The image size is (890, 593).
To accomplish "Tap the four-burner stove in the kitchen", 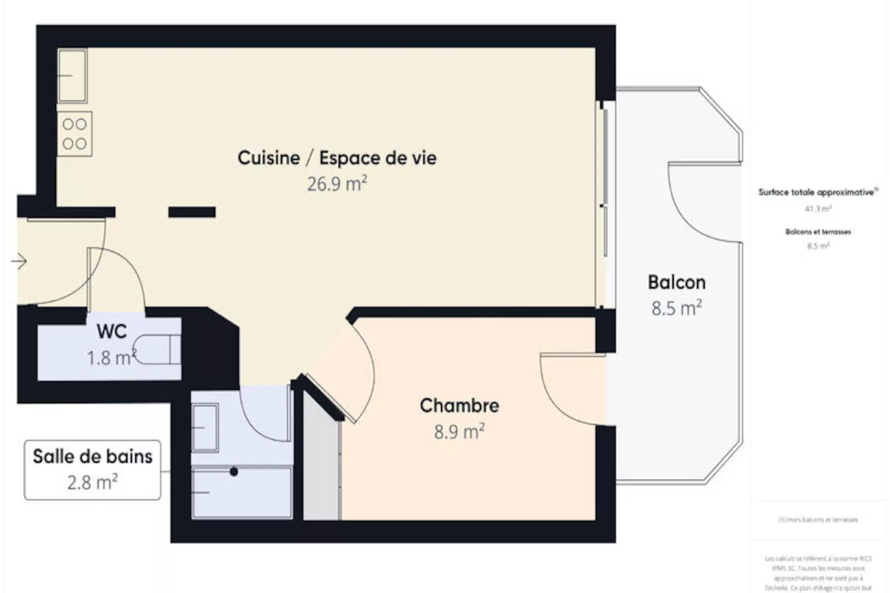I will coord(74,134).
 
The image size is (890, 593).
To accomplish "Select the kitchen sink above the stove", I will coord(72,75).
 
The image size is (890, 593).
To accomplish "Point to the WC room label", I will coord(111,331).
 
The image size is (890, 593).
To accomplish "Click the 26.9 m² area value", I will coord(337,183).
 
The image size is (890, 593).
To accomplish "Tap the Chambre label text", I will coord(459,405).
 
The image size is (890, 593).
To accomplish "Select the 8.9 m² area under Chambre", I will coord(459,431).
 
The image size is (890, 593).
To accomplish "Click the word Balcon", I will coord(676,282).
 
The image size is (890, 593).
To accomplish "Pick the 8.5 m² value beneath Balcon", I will coord(676,308).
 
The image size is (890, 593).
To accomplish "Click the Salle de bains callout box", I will coord(93,470).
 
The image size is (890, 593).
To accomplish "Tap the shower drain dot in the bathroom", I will coord(234,472).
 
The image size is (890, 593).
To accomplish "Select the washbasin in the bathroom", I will coord(204,427).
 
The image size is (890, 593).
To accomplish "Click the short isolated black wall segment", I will coord(192,212).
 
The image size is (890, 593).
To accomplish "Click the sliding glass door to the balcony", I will coord(605,183).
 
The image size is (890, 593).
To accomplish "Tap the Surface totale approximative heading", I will coord(817,192).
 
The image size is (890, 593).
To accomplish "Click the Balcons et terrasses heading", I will coord(818,232).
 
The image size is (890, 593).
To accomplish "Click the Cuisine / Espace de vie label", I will coord(337,158).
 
